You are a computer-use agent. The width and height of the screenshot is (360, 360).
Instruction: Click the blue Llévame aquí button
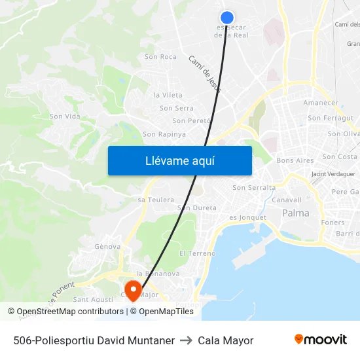tap(179, 160)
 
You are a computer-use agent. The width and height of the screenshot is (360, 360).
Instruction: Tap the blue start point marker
tap(227, 18)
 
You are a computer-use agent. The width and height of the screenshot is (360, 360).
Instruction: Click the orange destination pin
tap(133, 290)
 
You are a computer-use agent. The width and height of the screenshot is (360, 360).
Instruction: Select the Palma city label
tap(296, 213)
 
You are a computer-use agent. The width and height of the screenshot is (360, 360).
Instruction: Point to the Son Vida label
tap(64, 117)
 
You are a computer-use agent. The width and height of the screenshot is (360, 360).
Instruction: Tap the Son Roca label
tap(160, 57)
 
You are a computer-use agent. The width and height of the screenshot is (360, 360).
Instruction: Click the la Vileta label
tap(168, 95)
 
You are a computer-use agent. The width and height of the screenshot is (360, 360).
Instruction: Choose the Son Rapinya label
tap(164, 134)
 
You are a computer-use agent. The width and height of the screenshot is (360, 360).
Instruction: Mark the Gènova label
tap(107, 247)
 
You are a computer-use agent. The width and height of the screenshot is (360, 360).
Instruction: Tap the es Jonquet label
tap(247, 217)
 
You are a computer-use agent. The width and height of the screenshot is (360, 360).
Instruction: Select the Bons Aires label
tap(295, 160)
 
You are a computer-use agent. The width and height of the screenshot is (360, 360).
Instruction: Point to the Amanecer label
tap(321, 103)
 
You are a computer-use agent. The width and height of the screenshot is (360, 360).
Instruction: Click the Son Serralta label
tap(254, 188)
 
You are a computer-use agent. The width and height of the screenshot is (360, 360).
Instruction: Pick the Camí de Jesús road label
tap(205, 73)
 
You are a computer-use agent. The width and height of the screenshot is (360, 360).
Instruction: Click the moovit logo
tap(320, 340)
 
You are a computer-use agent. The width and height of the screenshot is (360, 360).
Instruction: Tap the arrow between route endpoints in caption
tap(186, 340)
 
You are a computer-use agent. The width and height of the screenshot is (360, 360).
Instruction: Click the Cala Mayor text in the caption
tap(225, 340)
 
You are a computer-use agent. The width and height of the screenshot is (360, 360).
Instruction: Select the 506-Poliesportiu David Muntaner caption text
tap(94, 340)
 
